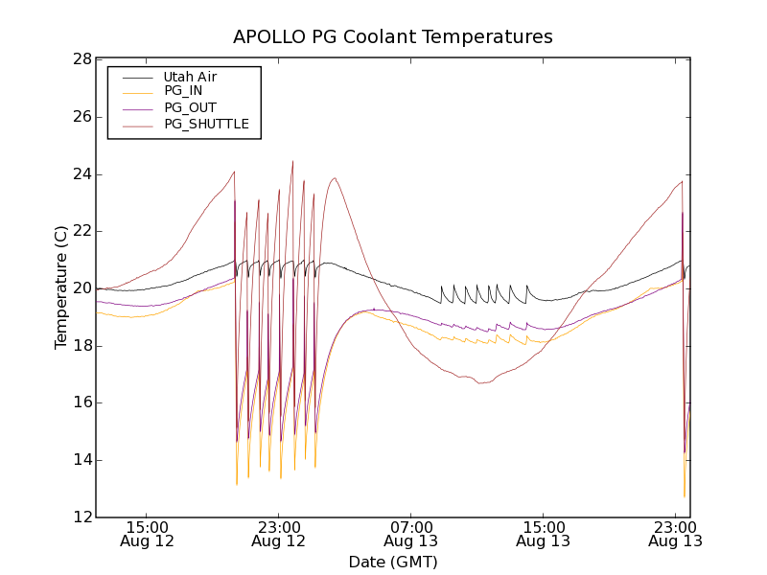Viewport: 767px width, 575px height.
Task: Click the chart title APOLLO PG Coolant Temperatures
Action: (x=393, y=37)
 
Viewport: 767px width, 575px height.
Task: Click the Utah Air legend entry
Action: (x=190, y=76)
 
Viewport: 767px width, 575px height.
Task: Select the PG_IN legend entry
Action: (x=183, y=91)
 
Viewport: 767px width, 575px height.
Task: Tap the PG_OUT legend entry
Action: (x=190, y=107)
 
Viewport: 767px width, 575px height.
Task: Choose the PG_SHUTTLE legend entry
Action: (x=206, y=124)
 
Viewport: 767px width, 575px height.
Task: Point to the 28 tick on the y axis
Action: (x=81, y=59)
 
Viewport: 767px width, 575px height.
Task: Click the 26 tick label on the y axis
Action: (x=81, y=117)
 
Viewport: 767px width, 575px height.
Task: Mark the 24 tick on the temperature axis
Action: (x=81, y=174)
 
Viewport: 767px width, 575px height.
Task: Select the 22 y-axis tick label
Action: (x=81, y=231)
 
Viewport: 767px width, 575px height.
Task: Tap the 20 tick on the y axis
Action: (x=81, y=288)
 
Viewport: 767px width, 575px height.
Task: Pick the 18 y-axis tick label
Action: (x=81, y=346)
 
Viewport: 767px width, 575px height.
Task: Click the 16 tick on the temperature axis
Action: (x=81, y=402)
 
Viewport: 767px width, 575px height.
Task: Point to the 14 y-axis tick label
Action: (x=81, y=460)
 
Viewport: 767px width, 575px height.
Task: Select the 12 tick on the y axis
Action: (x=81, y=517)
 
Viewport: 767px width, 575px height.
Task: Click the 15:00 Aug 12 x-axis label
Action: (x=148, y=534)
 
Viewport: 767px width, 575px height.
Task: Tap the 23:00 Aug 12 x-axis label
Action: (x=279, y=534)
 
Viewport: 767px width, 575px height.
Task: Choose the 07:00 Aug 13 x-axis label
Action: (x=411, y=534)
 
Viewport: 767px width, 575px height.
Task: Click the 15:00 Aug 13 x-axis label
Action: (x=543, y=534)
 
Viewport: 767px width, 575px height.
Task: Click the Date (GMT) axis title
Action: (x=393, y=562)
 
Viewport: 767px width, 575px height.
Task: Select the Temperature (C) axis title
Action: (x=61, y=288)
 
